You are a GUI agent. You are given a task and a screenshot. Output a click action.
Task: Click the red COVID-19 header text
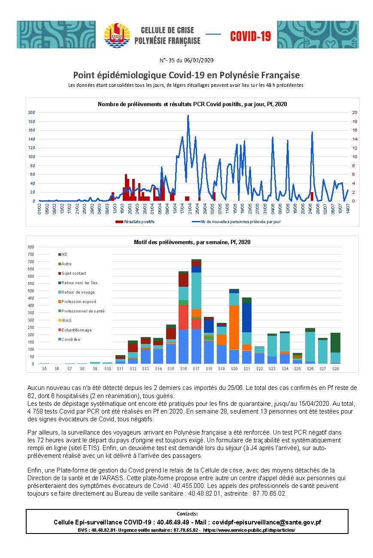tap(250, 36)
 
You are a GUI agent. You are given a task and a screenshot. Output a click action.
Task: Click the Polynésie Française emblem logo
tap(117, 35)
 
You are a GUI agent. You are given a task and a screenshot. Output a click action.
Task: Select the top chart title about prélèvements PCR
tap(192, 104)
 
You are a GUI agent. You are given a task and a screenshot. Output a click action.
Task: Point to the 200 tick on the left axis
tap(32, 112)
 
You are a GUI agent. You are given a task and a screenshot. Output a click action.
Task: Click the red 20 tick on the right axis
tap(355, 112)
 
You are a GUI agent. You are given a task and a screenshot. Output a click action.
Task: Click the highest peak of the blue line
tap(188, 115)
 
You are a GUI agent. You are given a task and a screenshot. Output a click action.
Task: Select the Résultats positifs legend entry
tap(135, 221)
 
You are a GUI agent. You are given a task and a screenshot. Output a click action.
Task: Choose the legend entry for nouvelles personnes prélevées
tap(236, 221)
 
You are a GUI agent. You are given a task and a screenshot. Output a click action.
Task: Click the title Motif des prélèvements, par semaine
tap(192, 242)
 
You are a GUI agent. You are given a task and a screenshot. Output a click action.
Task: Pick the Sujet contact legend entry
tap(72, 273)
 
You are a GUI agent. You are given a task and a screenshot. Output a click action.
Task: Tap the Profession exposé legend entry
tap(77, 302)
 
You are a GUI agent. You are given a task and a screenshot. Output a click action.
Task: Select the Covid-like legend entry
tap(69, 339)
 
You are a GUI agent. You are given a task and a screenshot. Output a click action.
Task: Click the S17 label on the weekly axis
tap(196, 368)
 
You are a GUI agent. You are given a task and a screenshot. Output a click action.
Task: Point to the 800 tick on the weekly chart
tap(31, 247)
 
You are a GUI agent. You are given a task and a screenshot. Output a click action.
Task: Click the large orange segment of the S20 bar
tap(234, 327)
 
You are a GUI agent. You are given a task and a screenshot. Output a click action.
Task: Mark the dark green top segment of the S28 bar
tap(336, 343)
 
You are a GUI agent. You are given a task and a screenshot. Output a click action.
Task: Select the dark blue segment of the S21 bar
tap(247, 318)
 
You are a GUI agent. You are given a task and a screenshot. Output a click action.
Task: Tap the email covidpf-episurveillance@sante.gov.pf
tap(267, 522)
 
